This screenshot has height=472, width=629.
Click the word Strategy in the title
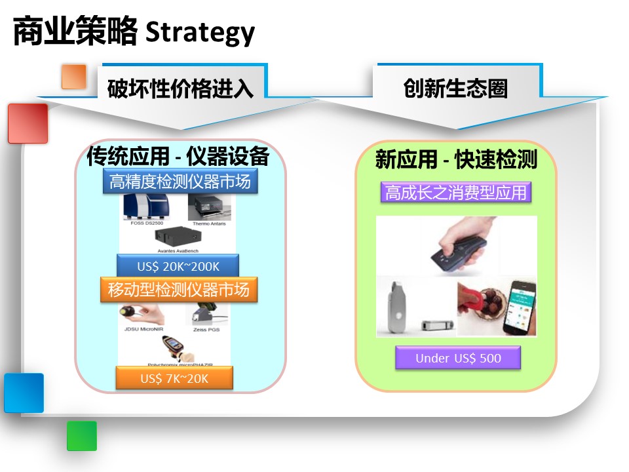click(200, 31)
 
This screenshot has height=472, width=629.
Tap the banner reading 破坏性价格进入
click(180, 88)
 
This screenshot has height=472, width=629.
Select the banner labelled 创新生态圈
click(456, 88)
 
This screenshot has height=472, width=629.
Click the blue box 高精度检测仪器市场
click(180, 182)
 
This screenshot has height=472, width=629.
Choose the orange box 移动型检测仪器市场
click(179, 289)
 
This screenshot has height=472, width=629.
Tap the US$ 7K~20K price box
click(174, 378)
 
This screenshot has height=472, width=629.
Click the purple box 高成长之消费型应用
click(456, 193)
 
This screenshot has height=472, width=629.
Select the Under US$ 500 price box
click(458, 358)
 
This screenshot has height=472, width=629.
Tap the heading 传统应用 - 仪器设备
click(178, 157)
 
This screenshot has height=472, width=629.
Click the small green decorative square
click(82, 436)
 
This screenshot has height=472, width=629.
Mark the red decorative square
click(28, 123)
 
